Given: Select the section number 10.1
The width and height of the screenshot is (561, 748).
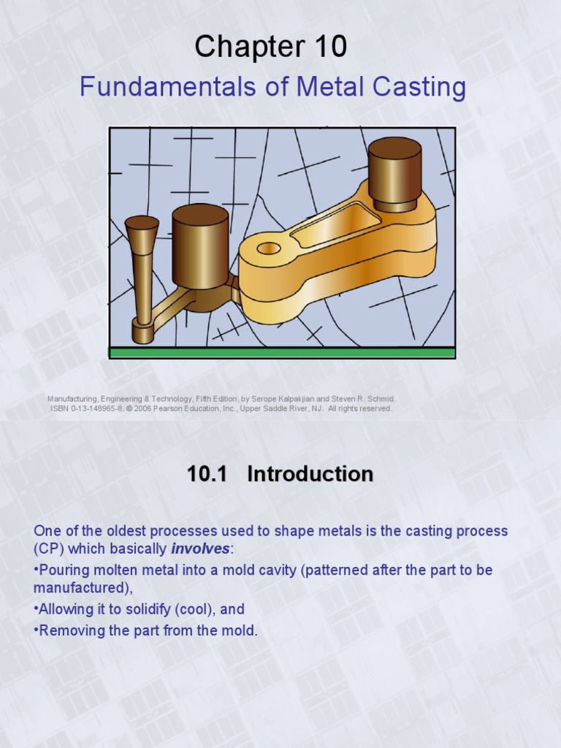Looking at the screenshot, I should tap(208, 474).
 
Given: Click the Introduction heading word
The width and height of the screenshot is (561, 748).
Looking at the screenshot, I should tap(310, 474).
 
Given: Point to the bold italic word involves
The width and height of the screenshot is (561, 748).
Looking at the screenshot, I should tap(200, 549).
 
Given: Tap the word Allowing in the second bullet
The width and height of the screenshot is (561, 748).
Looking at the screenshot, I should tap(66, 608).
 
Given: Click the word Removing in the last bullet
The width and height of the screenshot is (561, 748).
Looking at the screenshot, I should tap(69, 630).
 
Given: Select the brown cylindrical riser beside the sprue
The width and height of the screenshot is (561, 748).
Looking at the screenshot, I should tap(200, 248).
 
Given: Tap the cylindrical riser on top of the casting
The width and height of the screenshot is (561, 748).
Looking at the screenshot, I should tap(394, 172).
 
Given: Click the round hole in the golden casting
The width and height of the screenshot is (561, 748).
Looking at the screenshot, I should tap(269, 248).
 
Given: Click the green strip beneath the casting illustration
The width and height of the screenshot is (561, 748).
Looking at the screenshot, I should tap(282, 353).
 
